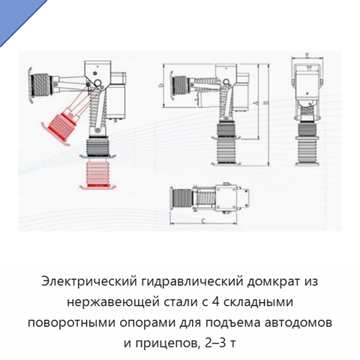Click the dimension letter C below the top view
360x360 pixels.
click(x=203, y=220)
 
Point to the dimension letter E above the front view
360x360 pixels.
click(x=307, y=55)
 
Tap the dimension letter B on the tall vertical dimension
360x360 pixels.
click(x=266, y=103)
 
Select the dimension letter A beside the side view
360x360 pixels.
click(x=255, y=103)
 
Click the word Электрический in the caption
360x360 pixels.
click(x=89, y=281)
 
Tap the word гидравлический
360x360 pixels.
click(x=192, y=283)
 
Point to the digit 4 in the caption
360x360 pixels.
click(x=215, y=301)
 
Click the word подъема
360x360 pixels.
click(x=233, y=323)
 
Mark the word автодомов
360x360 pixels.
click(x=298, y=323)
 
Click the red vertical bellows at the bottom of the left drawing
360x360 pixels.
click(x=97, y=175)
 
